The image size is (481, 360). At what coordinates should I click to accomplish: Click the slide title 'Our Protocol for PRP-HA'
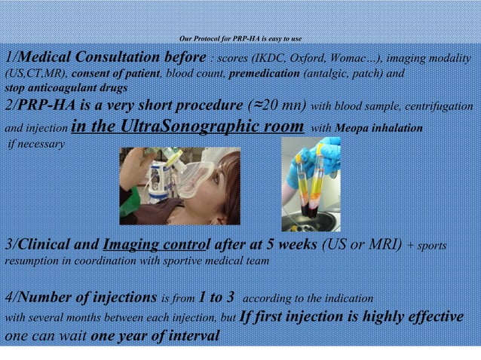tap(241, 38)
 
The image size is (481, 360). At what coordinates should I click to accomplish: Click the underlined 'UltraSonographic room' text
tap(200, 126)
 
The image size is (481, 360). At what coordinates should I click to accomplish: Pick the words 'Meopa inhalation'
tap(378, 128)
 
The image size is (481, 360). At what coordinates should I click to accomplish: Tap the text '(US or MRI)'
tap(362, 246)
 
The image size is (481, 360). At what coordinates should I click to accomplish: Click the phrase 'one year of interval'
tap(155, 336)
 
